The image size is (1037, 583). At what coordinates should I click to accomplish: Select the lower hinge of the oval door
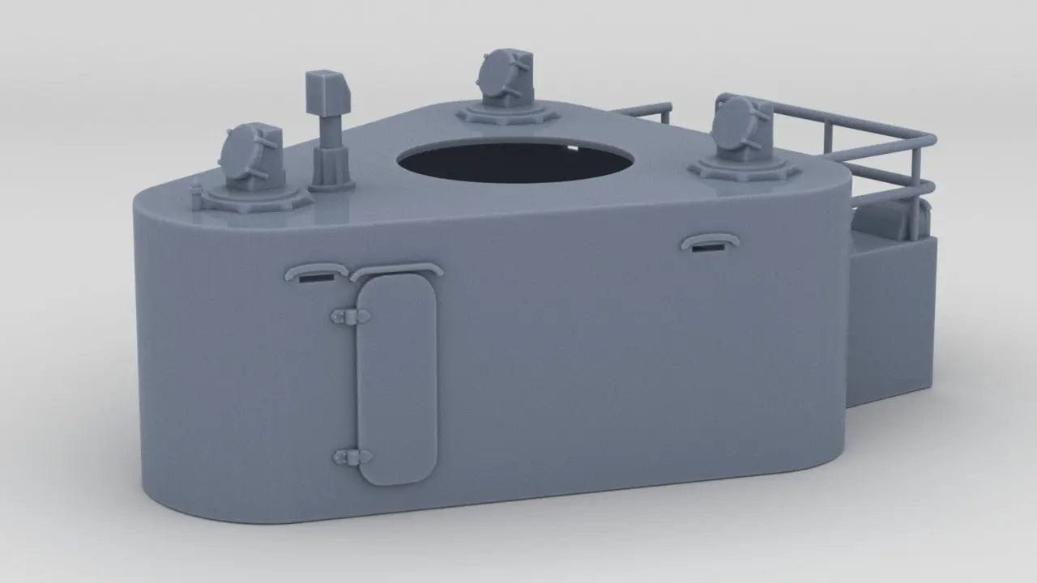tap(347, 457)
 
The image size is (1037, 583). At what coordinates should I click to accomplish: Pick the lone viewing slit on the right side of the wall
tap(709, 245)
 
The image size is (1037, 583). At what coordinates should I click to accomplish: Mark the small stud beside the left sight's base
tap(195, 191)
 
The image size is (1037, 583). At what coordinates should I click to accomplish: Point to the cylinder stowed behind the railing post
tap(879, 219)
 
